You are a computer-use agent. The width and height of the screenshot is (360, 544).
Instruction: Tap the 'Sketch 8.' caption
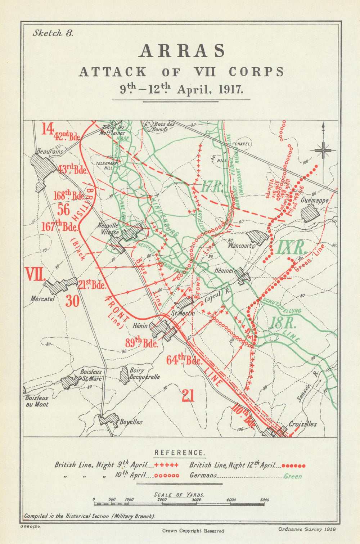click(x=53, y=33)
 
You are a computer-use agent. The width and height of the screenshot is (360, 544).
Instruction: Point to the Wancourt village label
click(x=239, y=246)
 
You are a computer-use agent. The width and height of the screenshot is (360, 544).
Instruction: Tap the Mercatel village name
click(x=42, y=298)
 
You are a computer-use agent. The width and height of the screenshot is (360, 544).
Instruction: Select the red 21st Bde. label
click(x=92, y=285)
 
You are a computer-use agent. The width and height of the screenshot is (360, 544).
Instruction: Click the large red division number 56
click(x=64, y=210)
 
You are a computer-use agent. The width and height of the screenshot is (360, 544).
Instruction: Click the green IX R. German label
click(x=291, y=248)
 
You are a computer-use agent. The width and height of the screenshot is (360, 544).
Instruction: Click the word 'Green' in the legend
click(x=293, y=476)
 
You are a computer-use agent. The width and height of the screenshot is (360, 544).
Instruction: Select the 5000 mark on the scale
click(x=264, y=500)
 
